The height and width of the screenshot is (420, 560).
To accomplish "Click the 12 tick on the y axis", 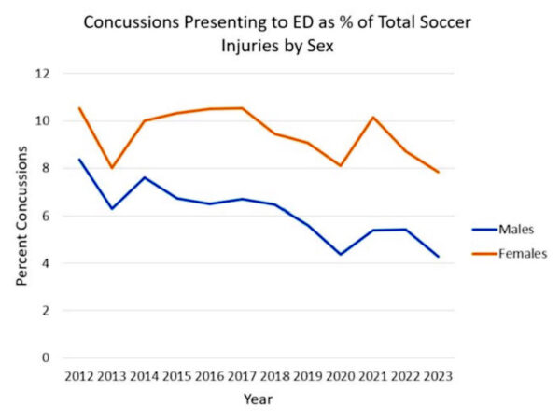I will click(43, 74).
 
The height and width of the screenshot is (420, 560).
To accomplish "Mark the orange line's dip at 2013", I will click(112, 168).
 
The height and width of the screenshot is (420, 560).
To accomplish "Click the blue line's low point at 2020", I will click(340, 254).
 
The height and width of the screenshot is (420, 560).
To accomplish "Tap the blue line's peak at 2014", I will click(145, 177).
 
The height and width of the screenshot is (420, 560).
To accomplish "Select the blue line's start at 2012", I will click(79, 159).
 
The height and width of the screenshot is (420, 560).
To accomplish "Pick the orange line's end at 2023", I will click(437, 172).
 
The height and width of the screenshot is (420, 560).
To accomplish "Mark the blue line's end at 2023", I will click(437, 256).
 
